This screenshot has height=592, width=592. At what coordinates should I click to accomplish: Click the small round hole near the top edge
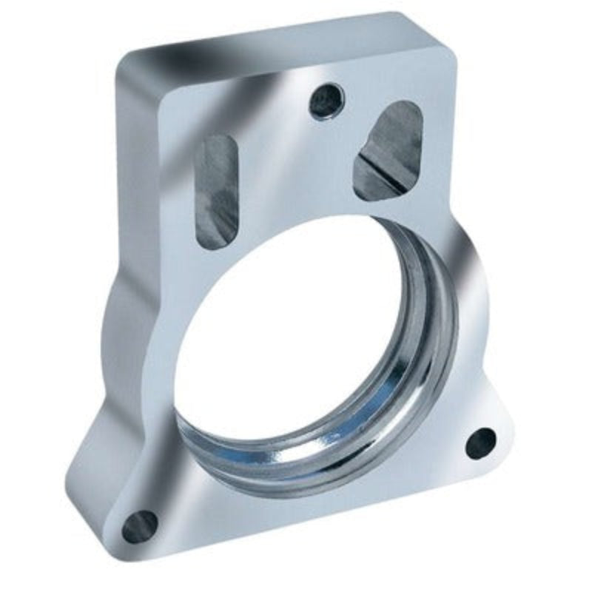tap(326, 101)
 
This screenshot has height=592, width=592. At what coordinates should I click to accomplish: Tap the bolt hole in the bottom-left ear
tap(139, 525)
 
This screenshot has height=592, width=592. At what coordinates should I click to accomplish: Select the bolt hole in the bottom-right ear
tap(480, 443)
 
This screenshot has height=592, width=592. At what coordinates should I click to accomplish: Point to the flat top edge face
tap(281, 44)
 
